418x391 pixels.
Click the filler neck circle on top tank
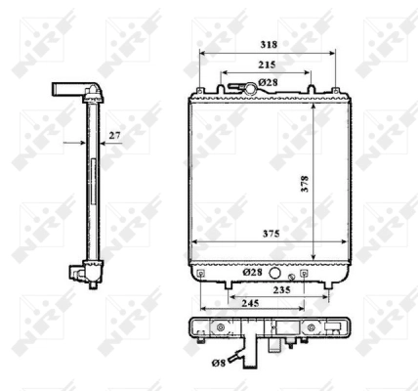coord(251,90)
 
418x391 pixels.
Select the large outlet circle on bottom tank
coord(276,275)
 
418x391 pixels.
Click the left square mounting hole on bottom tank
coord(201,275)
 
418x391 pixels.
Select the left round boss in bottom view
coord(221,329)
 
